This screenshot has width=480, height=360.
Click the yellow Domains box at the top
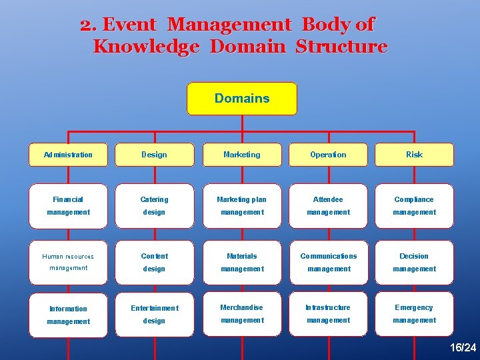(241, 99)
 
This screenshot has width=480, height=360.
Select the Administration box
(68, 155)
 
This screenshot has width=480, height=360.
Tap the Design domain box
(154, 155)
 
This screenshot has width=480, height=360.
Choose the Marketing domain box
(241, 155)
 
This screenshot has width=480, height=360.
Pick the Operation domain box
(328, 155)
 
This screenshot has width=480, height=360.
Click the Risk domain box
(414, 155)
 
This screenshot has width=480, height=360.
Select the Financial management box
(68, 205)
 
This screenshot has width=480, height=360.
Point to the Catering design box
(154, 205)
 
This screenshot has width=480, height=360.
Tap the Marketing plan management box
(241, 205)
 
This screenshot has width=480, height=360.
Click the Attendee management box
(328, 205)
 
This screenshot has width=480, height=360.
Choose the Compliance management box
(414, 205)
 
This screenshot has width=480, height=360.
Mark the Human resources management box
(68, 262)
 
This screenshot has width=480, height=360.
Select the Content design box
(154, 262)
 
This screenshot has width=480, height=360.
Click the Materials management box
(241, 262)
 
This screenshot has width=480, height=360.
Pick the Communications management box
(328, 262)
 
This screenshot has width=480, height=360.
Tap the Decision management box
(414, 262)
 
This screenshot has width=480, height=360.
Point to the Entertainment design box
(154, 314)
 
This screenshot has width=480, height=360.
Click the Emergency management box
(414, 313)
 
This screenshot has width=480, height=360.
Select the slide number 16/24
(463, 347)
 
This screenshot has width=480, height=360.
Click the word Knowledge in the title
(146, 47)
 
